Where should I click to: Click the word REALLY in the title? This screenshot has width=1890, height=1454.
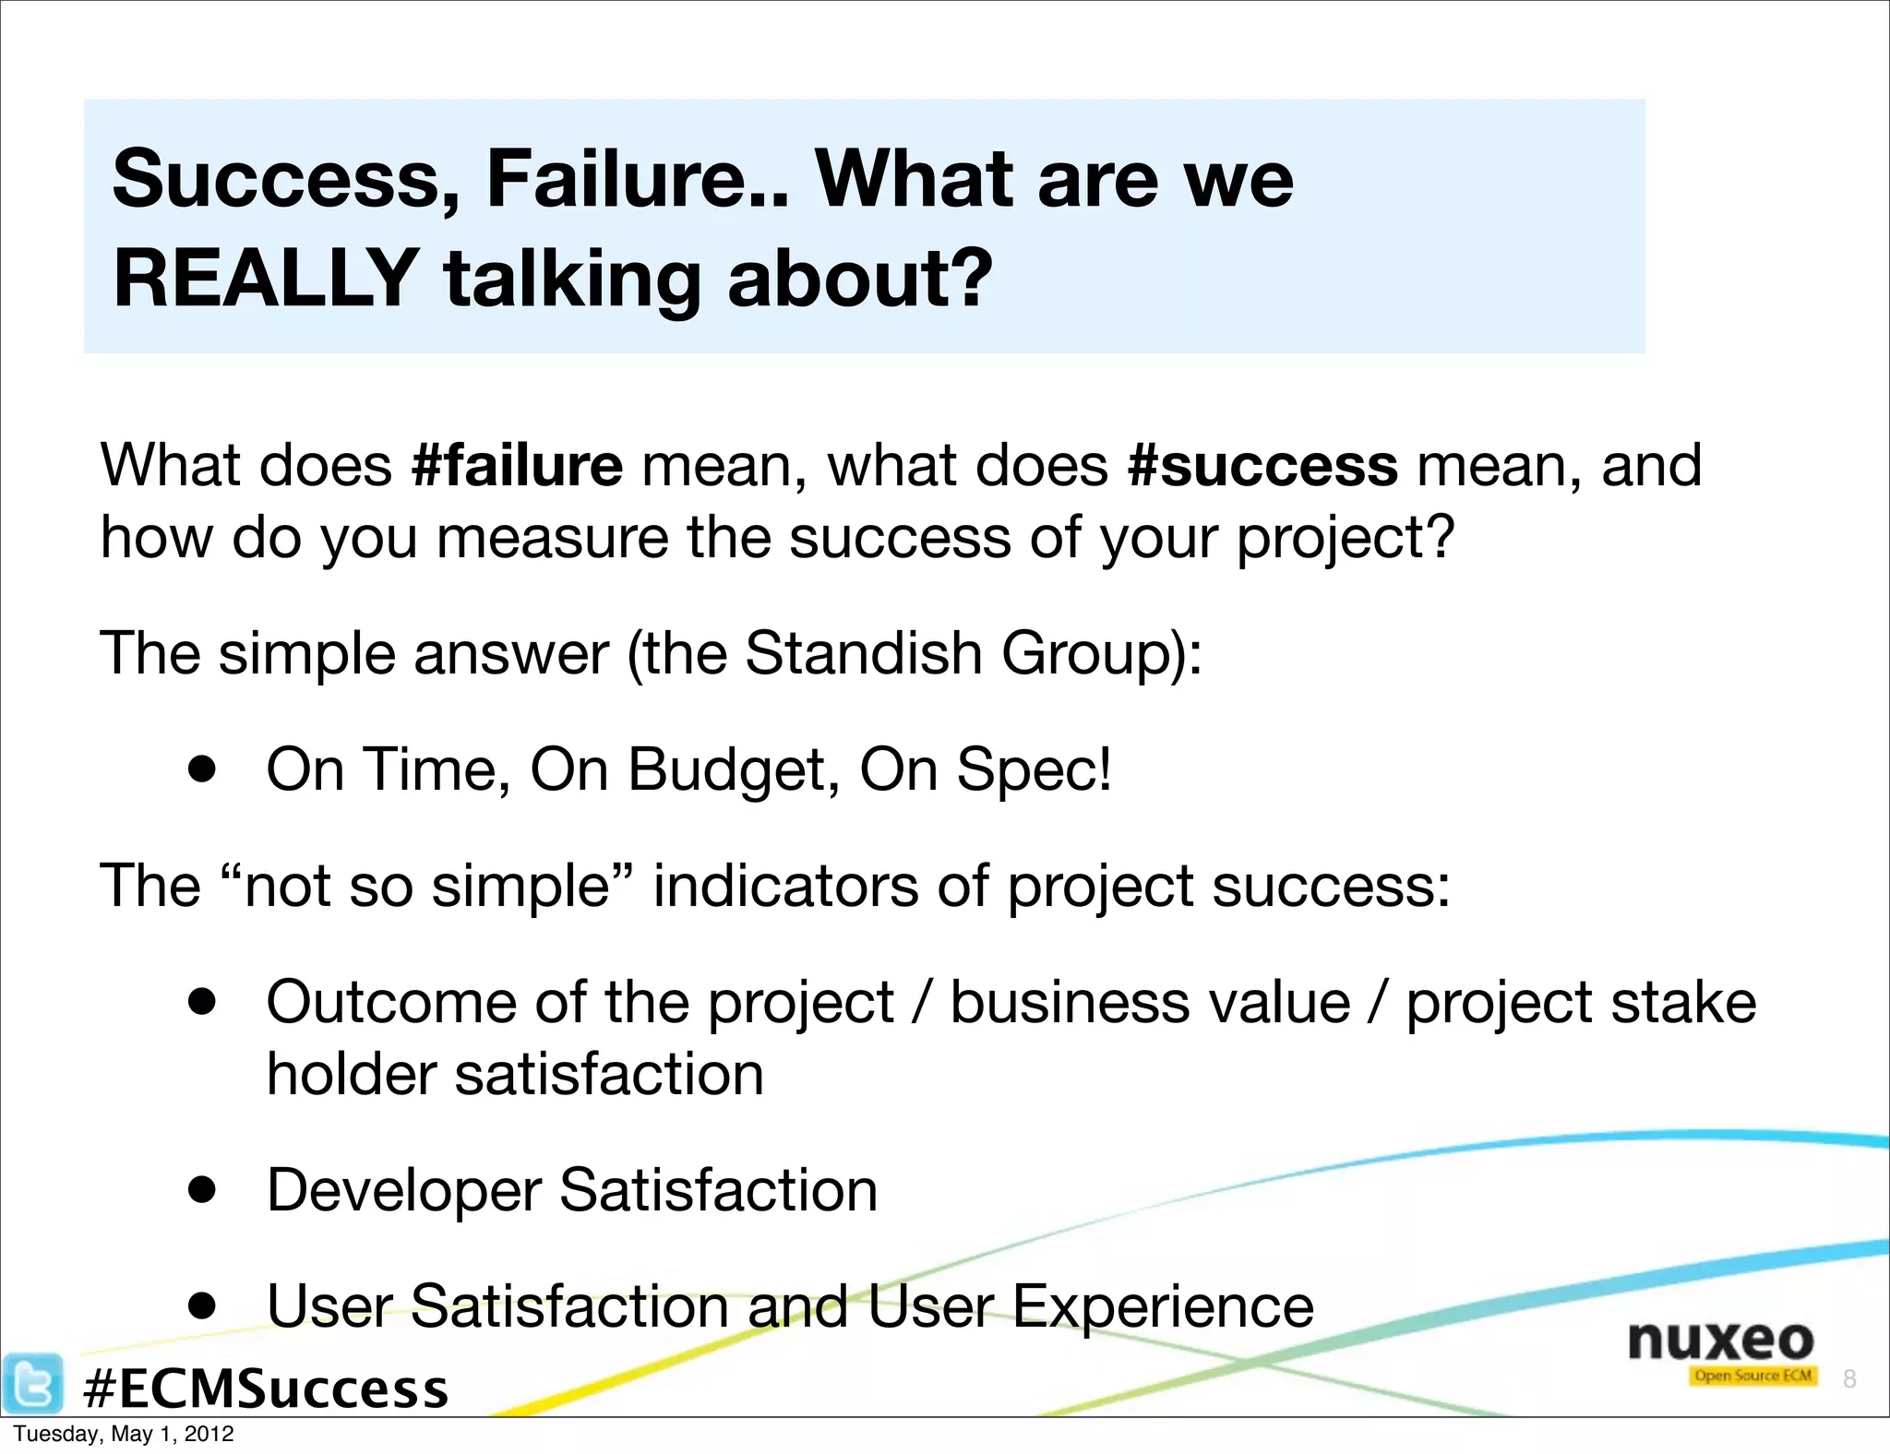[266, 278]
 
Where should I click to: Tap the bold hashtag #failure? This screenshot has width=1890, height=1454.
[517, 465]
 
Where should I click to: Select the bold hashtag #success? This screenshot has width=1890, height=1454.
[1262, 465]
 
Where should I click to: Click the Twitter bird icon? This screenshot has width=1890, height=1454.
[33, 1383]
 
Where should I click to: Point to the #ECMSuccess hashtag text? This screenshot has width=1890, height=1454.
[266, 1388]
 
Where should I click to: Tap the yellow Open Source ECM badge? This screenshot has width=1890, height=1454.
[1752, 1376]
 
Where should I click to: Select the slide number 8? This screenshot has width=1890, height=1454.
[1848, 1378]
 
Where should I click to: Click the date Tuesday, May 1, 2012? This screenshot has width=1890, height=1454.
[124, 1434]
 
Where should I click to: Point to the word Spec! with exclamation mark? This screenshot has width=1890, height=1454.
[1034, 769]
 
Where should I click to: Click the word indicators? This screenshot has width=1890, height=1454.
[785, 886]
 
